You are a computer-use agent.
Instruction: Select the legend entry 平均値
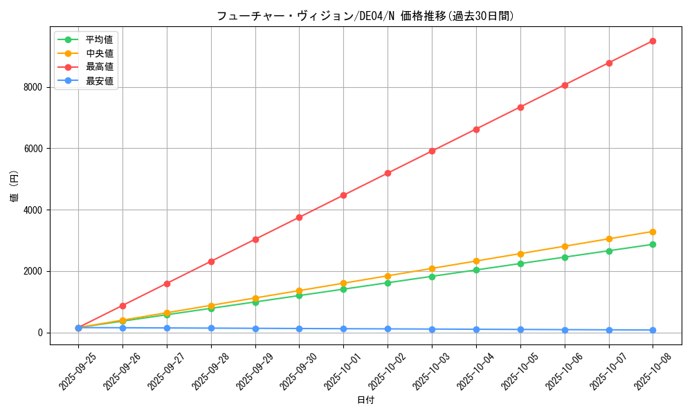pyautogui.click(x=99, y=39)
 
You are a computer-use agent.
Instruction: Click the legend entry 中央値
pyautogui.click(x=99, y=53)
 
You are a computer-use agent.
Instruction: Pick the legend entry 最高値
pyautogui.click(x=99, y=67)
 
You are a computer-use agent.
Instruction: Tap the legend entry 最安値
pyautogui.click(x=99, y=81)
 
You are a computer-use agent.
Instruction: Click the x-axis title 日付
pyautogui.click(x=365, y=400)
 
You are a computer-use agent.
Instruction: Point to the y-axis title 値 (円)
pyautogui.click(x=15, y=188)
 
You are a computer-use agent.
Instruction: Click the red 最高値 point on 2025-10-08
pyautogui.click(x=653, y=41)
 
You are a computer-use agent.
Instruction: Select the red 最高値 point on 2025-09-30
pyautogui.click(x=299, y=217)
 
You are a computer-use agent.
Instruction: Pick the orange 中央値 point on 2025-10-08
pyautogui.click(x=653, y=232)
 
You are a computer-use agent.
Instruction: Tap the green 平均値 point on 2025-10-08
pyautogui.click(x=653, y=244)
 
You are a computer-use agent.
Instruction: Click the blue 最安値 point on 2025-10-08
pyautogui.click(x=653, y=330)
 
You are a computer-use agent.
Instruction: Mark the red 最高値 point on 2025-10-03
pyautogui.click(x=432, y=151)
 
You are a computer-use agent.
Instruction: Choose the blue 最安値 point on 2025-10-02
pyautogui.click(x=388, y=329)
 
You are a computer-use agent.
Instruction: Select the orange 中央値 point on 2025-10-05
pyautogui.click(x=520, y=254)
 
